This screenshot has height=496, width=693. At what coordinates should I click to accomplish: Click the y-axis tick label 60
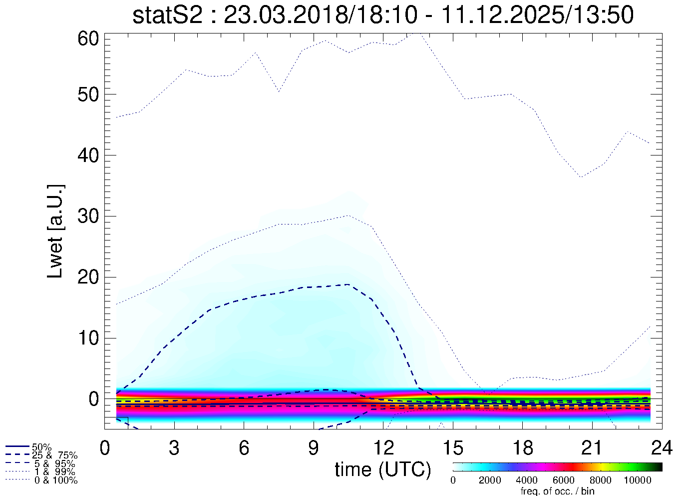tap(89, 38)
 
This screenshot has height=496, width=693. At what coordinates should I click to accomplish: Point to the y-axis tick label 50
tap(89, 94)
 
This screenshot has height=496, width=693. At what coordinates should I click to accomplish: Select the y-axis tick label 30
tap(89, 216)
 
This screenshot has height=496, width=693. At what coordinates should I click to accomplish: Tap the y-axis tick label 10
tap(89, 338)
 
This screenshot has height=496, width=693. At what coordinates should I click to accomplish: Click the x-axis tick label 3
tap(174, 448)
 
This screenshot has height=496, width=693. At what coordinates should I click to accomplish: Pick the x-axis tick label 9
tap(313, 448)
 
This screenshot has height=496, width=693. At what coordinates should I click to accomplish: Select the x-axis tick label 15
tap(452, 448)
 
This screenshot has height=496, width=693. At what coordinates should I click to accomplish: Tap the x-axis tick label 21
tap(592, 448)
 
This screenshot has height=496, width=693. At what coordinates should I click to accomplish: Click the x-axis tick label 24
tap(662, 448)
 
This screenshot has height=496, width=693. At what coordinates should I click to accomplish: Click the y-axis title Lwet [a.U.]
tap(55, 231)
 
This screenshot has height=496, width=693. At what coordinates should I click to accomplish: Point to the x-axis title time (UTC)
tap(382, 469)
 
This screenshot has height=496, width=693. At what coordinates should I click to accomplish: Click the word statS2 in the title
tap(167, 15)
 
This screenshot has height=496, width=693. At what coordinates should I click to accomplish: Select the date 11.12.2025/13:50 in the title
tap(538, 15)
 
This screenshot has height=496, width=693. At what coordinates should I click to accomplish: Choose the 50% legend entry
tap(41, 447)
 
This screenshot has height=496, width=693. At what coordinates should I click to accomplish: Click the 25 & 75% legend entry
tap(54, 455)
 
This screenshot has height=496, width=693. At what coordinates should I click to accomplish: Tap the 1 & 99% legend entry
tap(54, 472)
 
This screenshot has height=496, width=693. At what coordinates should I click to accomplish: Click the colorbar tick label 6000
tap(563, 480)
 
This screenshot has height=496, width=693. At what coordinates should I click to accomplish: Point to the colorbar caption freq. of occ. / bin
tap(557, 491)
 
